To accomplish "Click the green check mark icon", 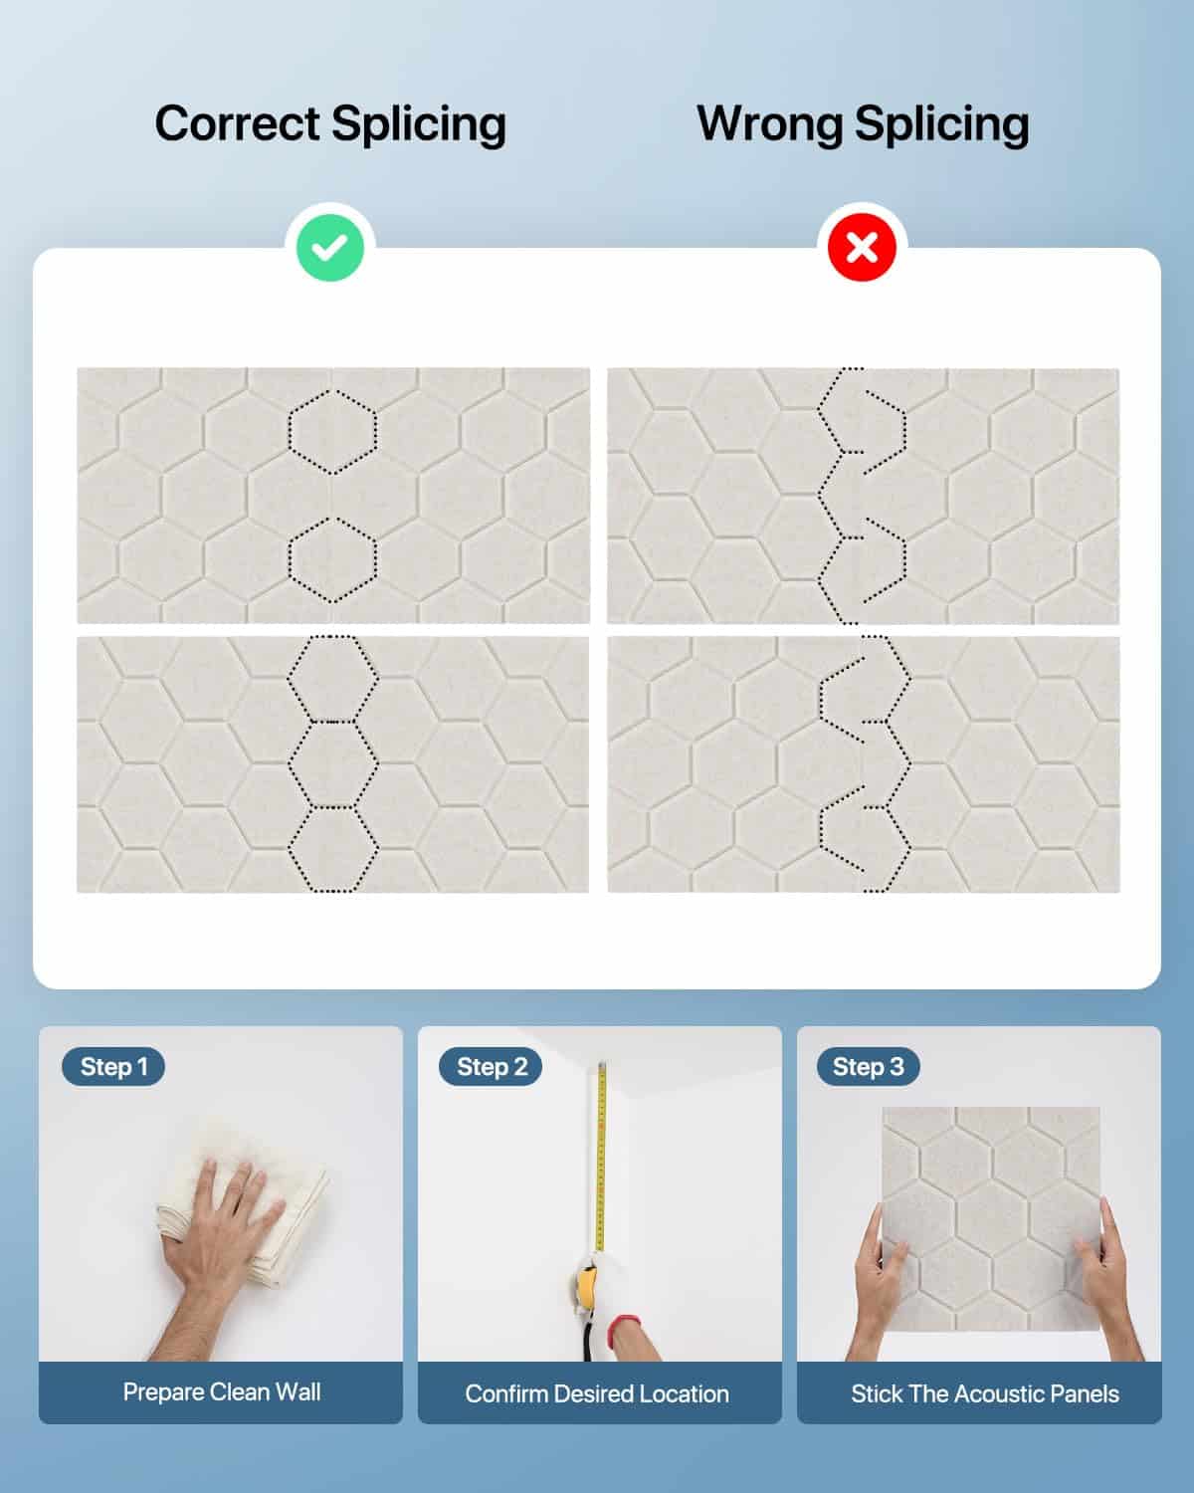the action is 330,248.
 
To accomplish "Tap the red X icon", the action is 862,248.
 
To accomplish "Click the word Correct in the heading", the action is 237,124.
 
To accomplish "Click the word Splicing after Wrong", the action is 942,125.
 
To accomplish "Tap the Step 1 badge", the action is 113,1066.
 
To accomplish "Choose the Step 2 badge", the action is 491,1066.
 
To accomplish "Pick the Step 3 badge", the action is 868,1066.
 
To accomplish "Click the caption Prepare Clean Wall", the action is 221,1391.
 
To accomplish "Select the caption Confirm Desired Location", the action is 597,1393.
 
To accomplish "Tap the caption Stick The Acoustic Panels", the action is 984,1393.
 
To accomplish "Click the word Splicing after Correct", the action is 419,125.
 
